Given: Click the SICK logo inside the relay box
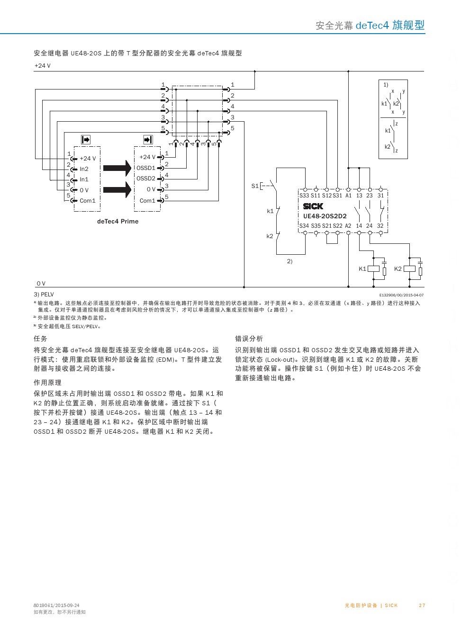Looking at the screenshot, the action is click(313, 206).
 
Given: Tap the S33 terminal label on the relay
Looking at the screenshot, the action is click(304, 196).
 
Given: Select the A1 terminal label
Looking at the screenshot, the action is click(348, 196).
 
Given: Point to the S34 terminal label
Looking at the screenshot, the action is click(304, 226).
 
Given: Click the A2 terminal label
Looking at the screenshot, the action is click(348, 226).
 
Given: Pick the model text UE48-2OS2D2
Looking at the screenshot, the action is click(325, 216).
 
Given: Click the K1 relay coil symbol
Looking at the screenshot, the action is click(374, 269).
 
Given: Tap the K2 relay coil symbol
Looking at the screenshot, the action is click(410, 269).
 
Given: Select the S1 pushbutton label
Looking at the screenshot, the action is click(255, 186).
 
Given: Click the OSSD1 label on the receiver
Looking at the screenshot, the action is click(146, 168).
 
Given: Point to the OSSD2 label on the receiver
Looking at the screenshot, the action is click(146, 179).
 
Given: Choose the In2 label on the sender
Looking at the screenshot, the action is click(84, 169).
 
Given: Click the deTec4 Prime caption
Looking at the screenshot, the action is click(117, 222).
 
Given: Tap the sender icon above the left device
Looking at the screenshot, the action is click(86, 140).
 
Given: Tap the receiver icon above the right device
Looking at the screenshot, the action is click(148, 140).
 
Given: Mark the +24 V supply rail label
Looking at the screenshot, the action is click(43, 66).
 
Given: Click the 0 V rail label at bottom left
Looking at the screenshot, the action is click(41, 284).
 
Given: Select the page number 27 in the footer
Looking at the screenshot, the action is click(422, 606).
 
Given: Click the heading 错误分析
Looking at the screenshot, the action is click(249, 339).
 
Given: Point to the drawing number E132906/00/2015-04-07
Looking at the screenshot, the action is click(401, 295).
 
